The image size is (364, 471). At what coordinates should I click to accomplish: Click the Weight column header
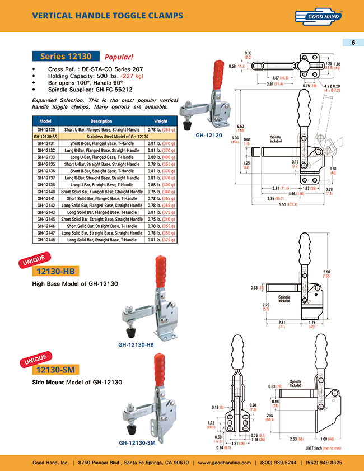point(160,121)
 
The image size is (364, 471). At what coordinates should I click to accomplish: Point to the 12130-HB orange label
point(54,272)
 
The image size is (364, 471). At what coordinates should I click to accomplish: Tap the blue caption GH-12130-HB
point(136,345)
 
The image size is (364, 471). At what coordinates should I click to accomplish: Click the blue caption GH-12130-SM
point(136,442)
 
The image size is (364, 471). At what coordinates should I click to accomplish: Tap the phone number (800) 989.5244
point(276,463)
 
